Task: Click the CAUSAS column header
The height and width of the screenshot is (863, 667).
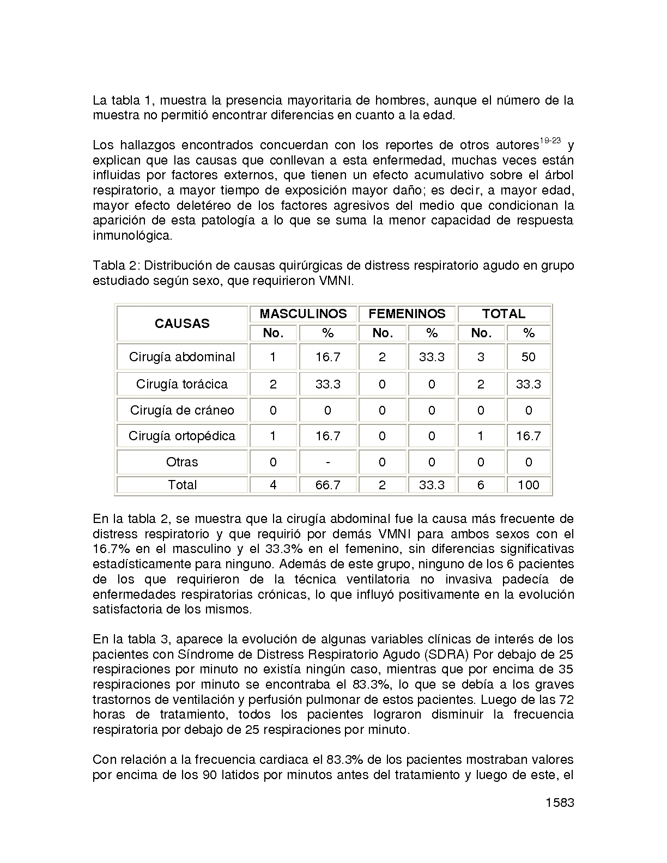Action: (x=182, y=324)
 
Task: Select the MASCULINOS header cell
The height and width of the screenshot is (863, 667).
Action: (x=303, y=314)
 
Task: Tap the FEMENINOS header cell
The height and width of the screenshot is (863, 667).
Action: (x=407, y=314)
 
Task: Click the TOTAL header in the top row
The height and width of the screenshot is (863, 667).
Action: (x=504, y=314)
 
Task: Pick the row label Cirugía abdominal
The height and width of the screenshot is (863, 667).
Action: (x=182, y=357)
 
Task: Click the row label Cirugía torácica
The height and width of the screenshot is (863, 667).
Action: (x=182, y=384)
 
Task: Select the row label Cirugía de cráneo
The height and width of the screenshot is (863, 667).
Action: (x=182, y=410)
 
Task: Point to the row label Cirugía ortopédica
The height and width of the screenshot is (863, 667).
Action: (x=182, y=436)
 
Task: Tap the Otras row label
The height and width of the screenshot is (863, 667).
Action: (x=182, y=462)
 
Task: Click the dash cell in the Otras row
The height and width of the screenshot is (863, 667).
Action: (x=328, y=462)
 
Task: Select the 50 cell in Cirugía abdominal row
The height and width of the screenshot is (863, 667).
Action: (x=528, y=357)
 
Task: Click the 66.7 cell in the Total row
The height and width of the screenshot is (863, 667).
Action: (x=328, y=485)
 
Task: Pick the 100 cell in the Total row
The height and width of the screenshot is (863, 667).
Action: (x=528, y=485)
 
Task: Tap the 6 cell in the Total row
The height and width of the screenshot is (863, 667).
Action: (x=481, y=485)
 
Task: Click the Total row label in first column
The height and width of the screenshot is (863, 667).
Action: (x=182, y=485)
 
